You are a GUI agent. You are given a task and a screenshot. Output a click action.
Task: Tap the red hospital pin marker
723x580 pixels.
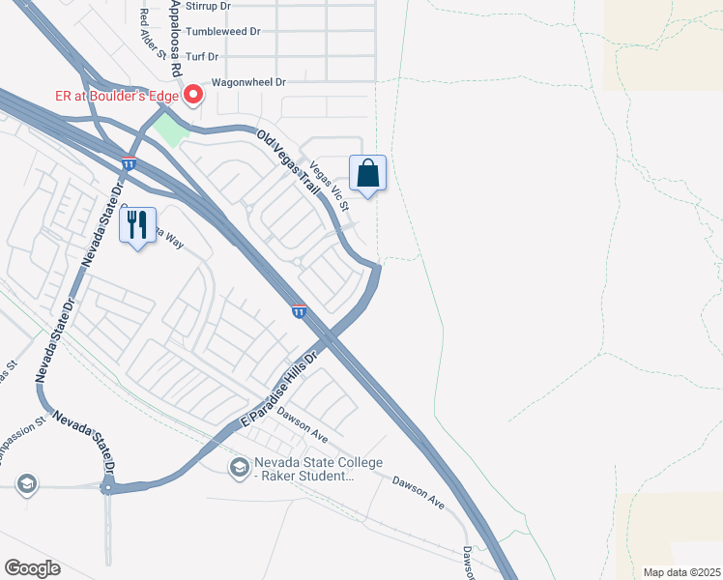(x=192, y=94)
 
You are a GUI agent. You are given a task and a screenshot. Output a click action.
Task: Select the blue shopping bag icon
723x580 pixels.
(x=367, y=174)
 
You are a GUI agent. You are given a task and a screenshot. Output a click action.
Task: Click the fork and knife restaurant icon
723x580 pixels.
(x=137, y=225)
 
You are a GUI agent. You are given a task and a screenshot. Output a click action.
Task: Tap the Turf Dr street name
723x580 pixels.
(x=204, y=57)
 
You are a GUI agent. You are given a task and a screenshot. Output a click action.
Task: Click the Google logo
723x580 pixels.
(x=32, y=568)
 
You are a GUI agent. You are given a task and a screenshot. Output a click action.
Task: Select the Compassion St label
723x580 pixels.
(x=25, y=441)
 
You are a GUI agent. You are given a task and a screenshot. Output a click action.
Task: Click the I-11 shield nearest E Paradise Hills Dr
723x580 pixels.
(x=299, y=311)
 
